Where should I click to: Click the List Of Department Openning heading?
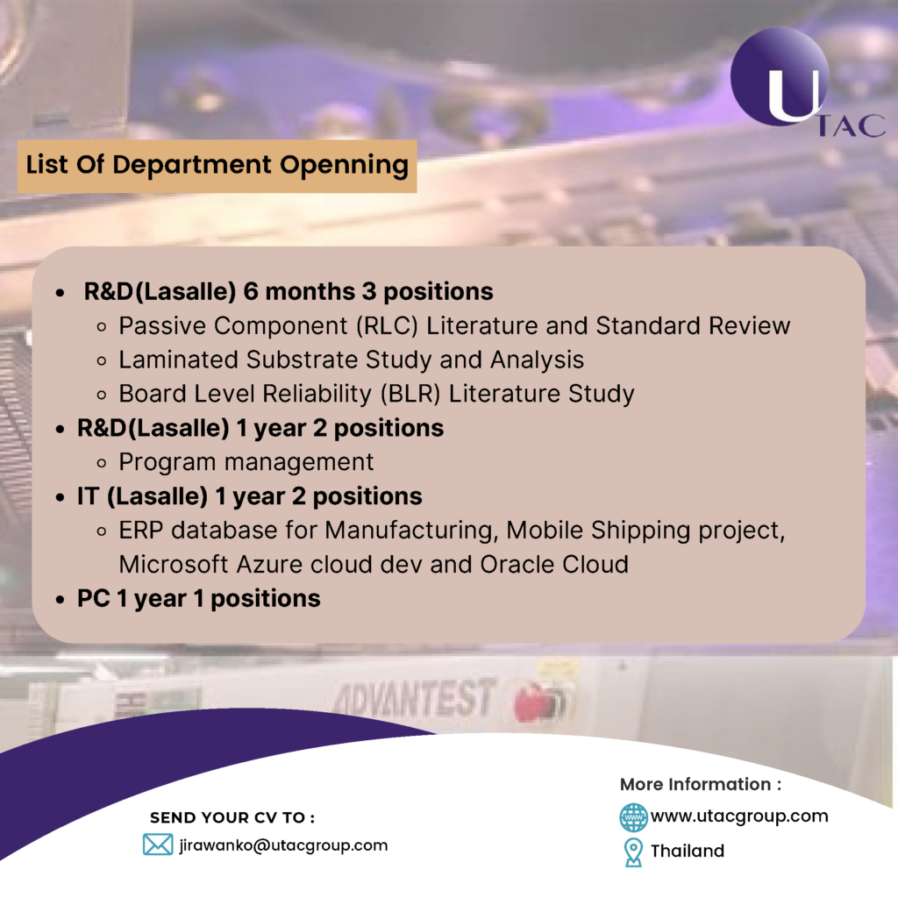coord(217,165)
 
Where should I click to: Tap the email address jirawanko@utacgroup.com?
coord(283,845)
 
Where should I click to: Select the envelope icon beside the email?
coord(158,845)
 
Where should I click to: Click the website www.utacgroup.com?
coord(738,816)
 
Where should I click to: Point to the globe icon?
coord(633,816)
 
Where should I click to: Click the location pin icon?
coord(632,852)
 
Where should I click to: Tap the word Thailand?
coord(688,851)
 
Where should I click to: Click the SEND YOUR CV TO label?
coord(232,817)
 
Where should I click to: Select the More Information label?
coord(700,784)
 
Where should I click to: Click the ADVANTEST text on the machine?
coord(413,699)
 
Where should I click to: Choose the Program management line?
coord(246,461)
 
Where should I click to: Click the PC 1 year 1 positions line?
coord(199,599)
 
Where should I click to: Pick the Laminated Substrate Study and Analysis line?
coord(352,360)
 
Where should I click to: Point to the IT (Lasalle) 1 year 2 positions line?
coord(250,495)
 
